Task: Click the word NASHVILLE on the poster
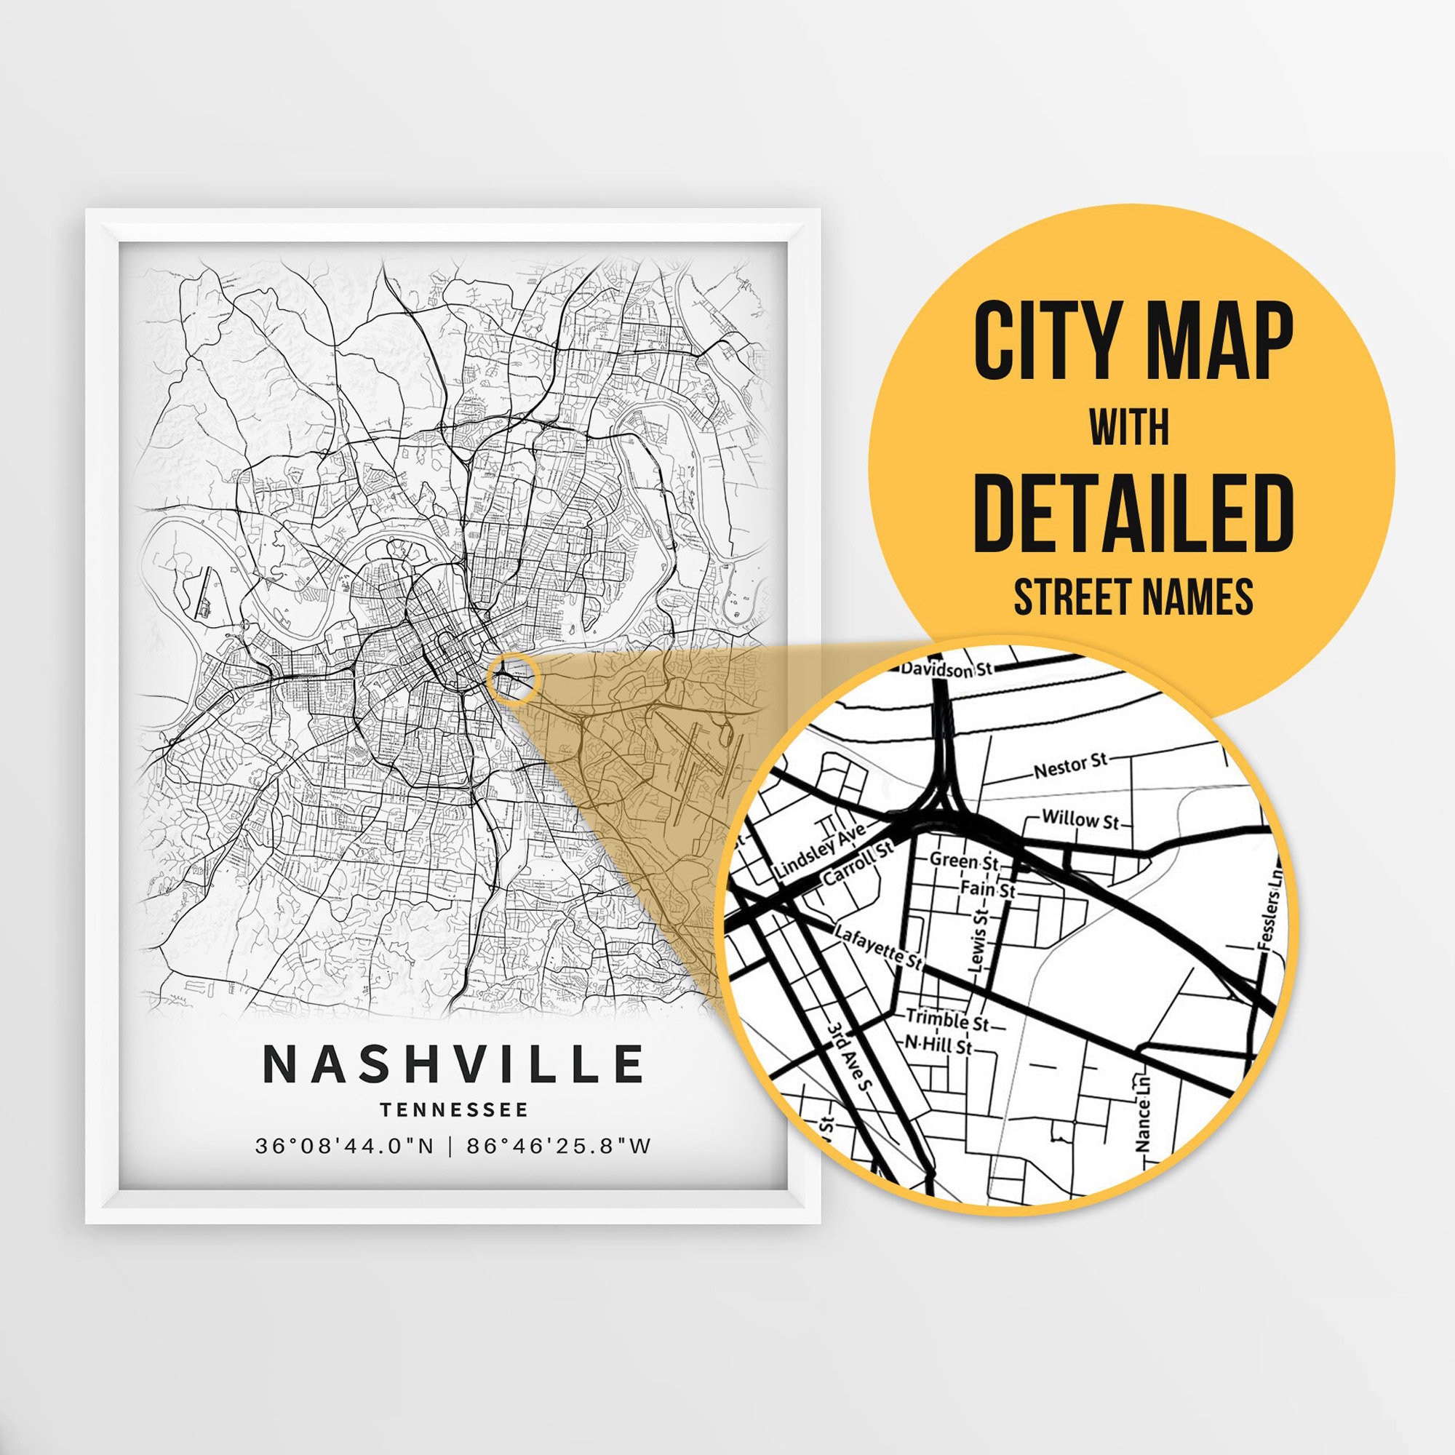(453, 1064)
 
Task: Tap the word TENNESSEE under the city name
(453, 1109)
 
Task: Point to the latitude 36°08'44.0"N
(345, 1147)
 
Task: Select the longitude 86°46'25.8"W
(558, 1147)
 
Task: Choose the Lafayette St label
(878, 946)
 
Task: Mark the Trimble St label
(947, 1021)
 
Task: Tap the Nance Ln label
(1142, 1124)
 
